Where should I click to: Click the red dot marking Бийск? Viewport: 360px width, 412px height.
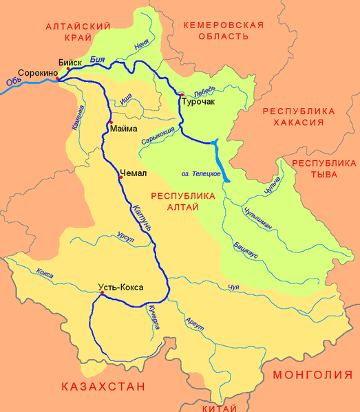[x=68, y=69]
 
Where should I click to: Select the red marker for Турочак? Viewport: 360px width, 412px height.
[x=182, y=94]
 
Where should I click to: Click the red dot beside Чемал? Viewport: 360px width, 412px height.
[x=120, y=177]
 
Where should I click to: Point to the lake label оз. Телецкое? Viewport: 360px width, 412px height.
[x=201, y=173]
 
